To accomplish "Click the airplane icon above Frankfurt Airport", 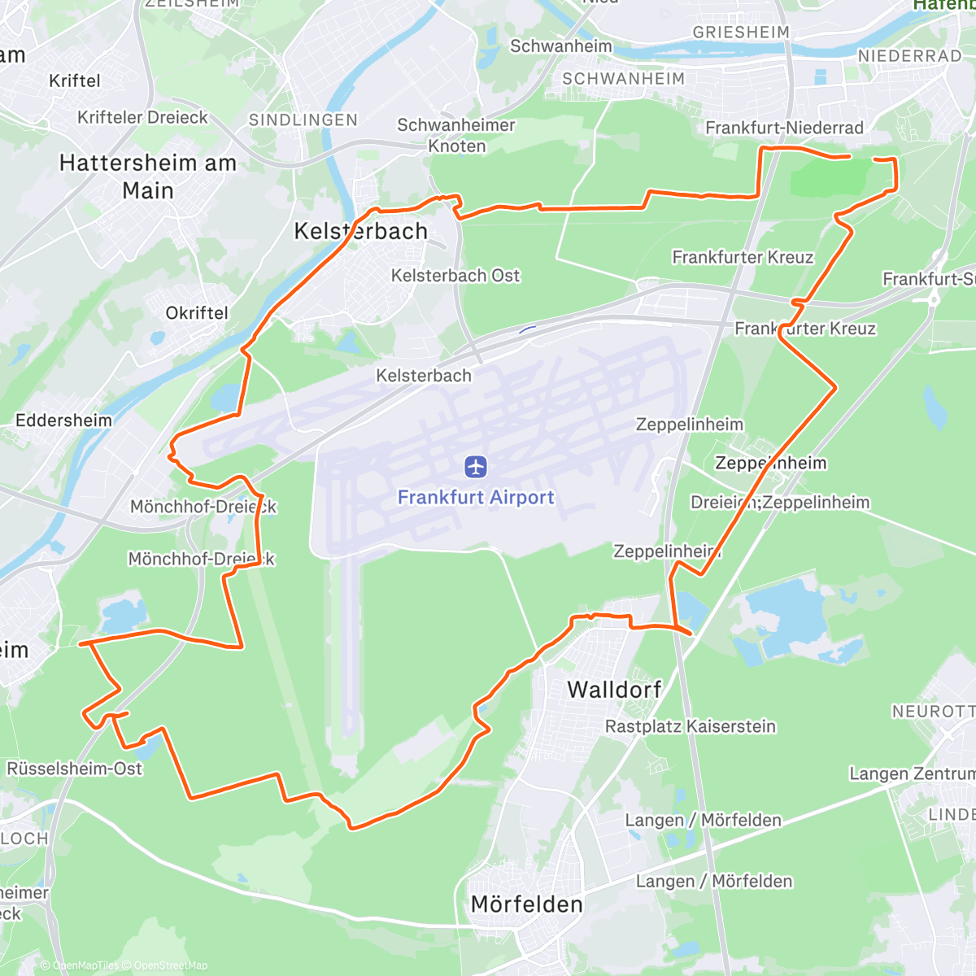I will click(x=476, y=467).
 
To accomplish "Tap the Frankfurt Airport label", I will click(x=476, y=497).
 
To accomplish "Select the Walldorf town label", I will click(x=614, y=690).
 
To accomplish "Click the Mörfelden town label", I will click(x=527, y=904).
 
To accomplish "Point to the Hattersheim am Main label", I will click(x=148, y=176).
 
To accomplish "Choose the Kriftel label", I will click(x=75, y=81).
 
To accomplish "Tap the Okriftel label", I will click(x=197, y=313).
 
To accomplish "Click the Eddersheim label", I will click(x=64, y=420).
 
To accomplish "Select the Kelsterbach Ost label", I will click(x=455, y=276).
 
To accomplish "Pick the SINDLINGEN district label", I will click(x=303, y=120).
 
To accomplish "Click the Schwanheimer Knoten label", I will click(x=456, y=136).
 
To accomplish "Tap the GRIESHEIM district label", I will click(x=741, y=33).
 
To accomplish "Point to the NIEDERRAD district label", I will click(x=910, y=56).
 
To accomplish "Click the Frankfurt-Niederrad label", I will click(x=784, y=128).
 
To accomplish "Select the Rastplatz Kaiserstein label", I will click(x=691, y=726).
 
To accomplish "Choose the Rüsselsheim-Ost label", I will click(x=74, y=769).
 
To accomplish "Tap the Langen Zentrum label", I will click(x=912, y=773).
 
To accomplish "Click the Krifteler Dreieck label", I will click(x=143, y=117).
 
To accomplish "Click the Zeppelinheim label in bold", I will click(x=770, y=463).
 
